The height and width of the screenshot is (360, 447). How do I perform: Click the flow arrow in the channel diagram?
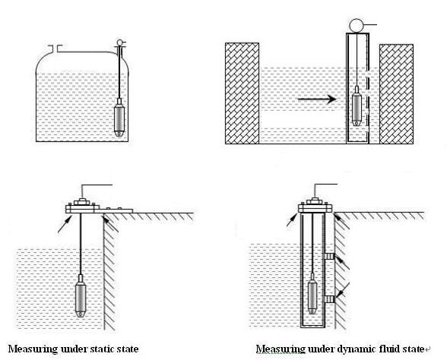coord(317,99)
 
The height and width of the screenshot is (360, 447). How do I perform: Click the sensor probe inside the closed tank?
coord(119,117)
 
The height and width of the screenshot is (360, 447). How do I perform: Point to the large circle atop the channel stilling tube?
coord(357,25)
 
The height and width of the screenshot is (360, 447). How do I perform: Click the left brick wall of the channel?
coord(242,93)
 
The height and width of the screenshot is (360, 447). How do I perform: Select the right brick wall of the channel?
coord(396,94)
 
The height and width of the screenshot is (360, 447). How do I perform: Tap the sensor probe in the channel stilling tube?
coord(357,106)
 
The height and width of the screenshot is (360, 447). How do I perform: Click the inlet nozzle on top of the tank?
coord(55,49)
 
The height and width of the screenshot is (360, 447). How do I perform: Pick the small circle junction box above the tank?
coord(120,43)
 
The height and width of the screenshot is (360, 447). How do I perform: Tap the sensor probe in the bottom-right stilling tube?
coord(312,294)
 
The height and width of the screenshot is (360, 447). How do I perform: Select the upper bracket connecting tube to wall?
coord(329,257)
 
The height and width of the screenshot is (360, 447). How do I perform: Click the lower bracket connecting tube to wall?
coord(329,299)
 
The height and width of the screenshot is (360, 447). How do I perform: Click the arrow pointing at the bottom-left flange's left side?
coord(65,225)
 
